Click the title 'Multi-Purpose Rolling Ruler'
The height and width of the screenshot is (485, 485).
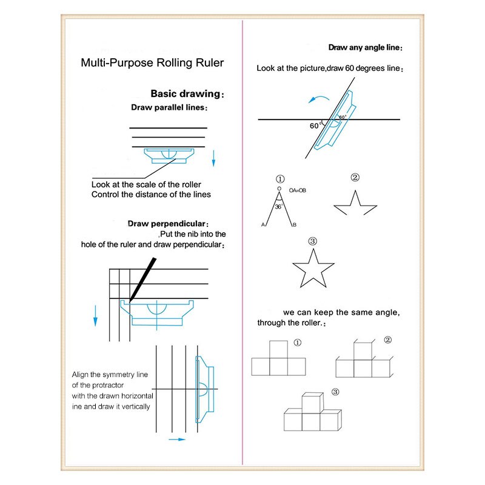point(153,62)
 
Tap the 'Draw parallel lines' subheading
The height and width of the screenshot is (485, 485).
point(168,107)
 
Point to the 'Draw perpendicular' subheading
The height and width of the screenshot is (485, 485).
point(168,224)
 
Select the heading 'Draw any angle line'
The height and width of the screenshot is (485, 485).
point(365,47)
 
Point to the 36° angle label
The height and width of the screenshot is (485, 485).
point(278,206)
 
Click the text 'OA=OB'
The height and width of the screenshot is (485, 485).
point(297,190)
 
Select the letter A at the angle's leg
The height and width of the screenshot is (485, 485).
point(263,225)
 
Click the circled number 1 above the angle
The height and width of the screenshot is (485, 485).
point(279,179)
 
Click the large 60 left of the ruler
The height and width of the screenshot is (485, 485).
point(314,126)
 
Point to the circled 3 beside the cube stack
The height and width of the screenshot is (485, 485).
point(335,391)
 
